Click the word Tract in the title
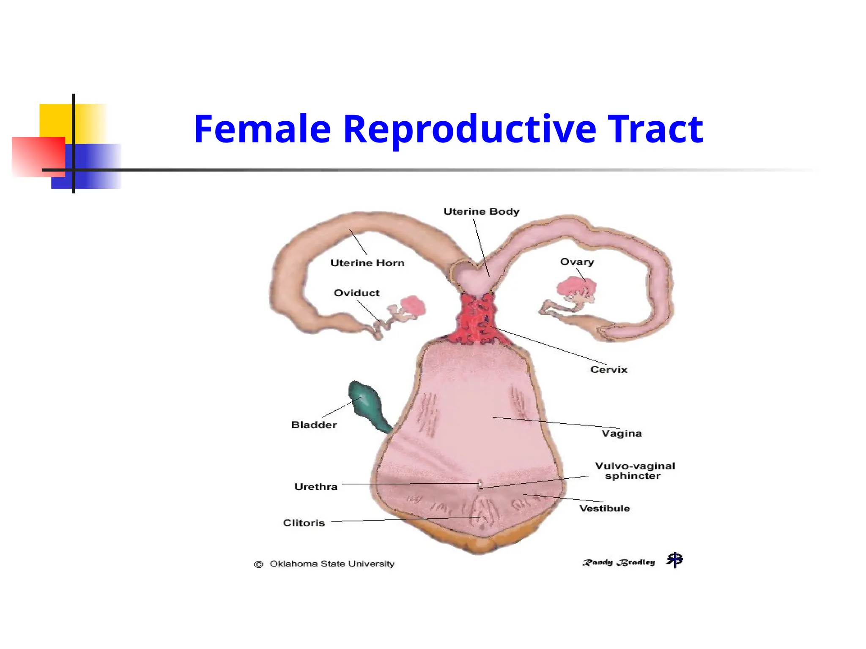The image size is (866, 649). point(655,129)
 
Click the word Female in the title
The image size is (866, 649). point(262,129)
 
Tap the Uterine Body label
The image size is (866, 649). point(481,211)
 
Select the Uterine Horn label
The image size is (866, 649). point(367,263)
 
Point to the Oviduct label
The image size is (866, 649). point(356,293)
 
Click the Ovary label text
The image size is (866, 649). point(577,262)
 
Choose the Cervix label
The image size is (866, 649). point(608,370)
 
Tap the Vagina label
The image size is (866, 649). point(622,434)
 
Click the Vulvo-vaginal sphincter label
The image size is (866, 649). point(634,471)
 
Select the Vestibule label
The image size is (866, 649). point(604,508)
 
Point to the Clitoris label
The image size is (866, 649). point(304,523)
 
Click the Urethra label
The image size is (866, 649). point(316,487)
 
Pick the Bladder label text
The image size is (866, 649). point(314,425)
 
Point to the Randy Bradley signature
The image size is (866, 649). point(619,562)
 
